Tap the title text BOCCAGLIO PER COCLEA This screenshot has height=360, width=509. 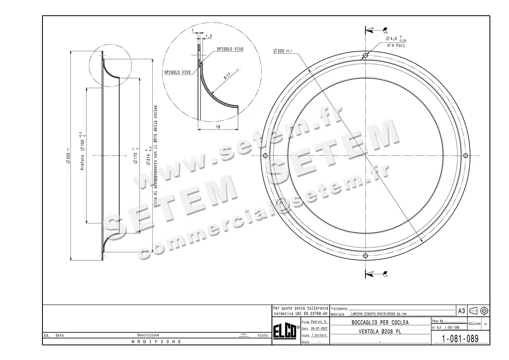click(x=380, y=323)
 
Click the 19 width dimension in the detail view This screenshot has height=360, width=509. click(x=218, y=126)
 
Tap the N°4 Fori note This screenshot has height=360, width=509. click(x=396, y=45)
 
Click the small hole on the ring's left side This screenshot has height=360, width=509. click(x=265, y=156)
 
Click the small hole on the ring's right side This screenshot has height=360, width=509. click(x=465, y=156)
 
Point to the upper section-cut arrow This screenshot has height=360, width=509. click(x=376, y=30)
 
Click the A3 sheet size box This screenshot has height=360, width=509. click(x=461, y=311)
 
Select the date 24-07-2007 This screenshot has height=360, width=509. click(x=319, y=329)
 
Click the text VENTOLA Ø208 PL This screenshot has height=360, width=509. click(x=380, y=332)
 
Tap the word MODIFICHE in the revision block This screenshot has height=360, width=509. click(x=157, y=341)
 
